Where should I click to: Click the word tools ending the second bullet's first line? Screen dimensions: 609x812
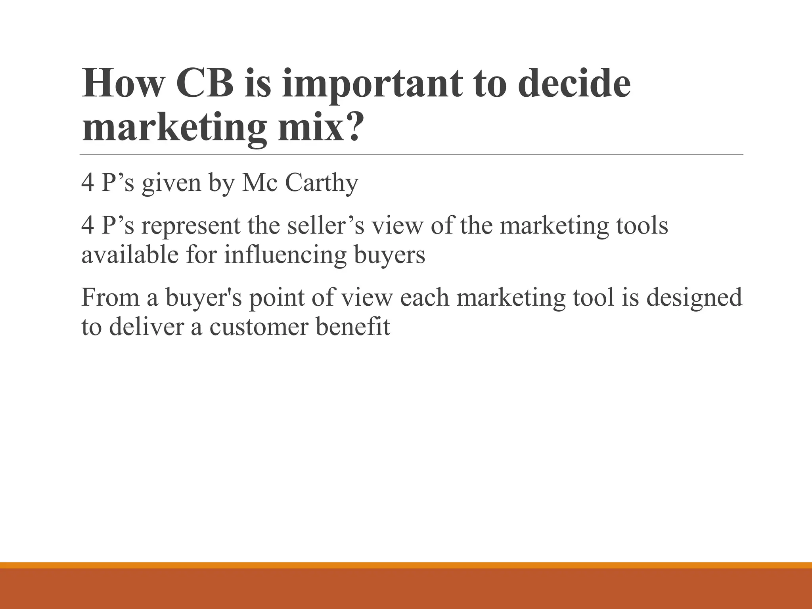pos(642,226)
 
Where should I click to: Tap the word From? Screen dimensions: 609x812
pos(110,297)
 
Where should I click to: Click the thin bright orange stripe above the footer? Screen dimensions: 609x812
pos(406,565)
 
